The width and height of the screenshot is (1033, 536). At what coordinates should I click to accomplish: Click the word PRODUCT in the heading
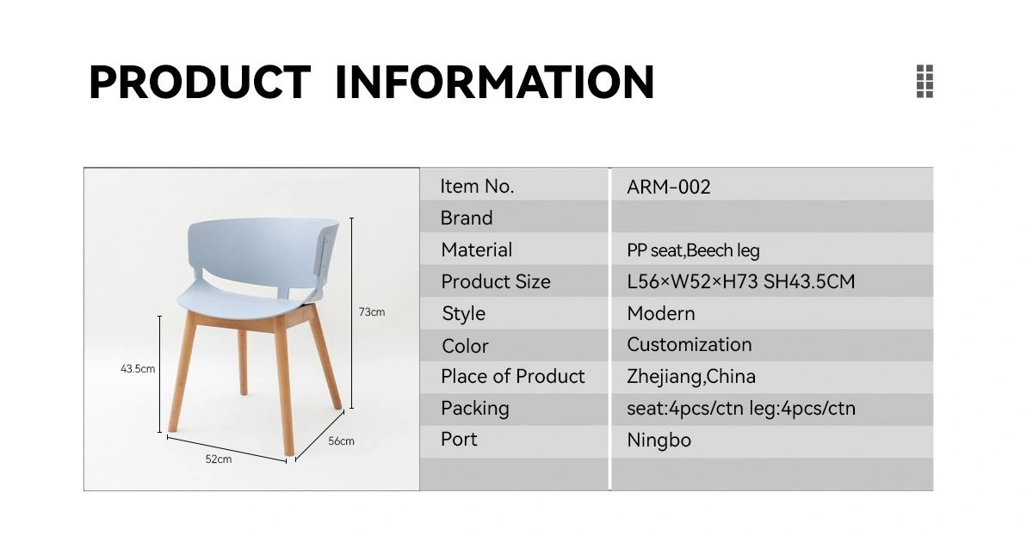pos(200,82)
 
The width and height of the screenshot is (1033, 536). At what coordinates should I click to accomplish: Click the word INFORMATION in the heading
pos(495,82)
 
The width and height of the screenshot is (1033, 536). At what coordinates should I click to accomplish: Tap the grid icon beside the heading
pos(925,81)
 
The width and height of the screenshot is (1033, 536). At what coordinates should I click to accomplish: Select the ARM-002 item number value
pos(668,187)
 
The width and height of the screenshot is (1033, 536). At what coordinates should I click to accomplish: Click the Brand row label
pos(467,218)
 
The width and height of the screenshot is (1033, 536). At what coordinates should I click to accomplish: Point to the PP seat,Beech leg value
pos(693,250)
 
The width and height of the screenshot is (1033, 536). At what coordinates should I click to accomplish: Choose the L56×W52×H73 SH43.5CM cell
pos(740,281)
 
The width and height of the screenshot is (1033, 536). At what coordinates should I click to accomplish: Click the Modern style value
pos(661,313)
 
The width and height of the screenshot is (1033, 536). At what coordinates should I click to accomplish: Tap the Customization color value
pos(689,345)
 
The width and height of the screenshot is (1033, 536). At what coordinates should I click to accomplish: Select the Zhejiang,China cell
pos(690,377)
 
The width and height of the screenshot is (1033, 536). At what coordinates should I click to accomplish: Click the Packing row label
pos(475,409)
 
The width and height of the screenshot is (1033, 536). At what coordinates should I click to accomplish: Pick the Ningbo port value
pos(659,441)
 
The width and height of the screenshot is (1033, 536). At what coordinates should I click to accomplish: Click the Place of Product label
pos(513,377)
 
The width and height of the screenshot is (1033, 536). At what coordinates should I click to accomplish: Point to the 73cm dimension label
pos(372,312)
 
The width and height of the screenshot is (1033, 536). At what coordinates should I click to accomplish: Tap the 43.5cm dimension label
pos(138,369)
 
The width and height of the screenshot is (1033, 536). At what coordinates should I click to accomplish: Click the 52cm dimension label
pos(218,459)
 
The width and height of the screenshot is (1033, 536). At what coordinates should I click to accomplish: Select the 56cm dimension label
pos(341,441)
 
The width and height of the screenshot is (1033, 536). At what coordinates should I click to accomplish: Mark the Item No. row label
pos(477,187)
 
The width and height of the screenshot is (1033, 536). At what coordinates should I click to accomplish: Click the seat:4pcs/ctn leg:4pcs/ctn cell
pos(741,409)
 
